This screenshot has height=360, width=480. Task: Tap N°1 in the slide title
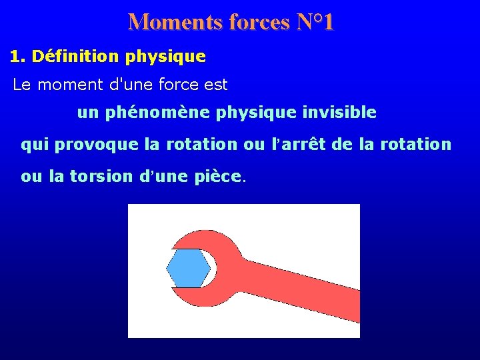(x=314, y=22)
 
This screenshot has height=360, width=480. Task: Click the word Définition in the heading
(x=73, y=57)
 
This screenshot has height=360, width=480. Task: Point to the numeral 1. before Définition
(x=17, y=57)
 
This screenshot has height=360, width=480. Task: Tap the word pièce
(x=221, y=176)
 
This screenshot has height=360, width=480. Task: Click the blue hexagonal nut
(x=188, y=269)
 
